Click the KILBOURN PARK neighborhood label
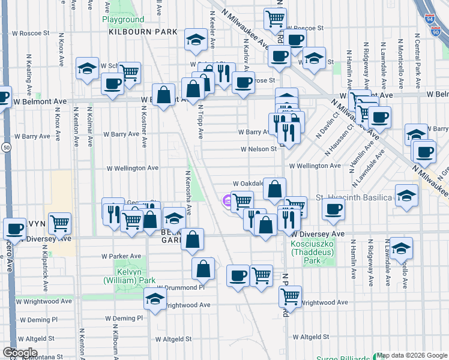pyautogui.click(x=143, y=31)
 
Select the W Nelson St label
pyautogui.click(x=259, y=149)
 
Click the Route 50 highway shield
pyautogui.click(x=5, y=147)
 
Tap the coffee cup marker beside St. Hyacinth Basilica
pyautogui.click(x=333, y=209)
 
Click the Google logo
pyautogui.click(x=19, y=353)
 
